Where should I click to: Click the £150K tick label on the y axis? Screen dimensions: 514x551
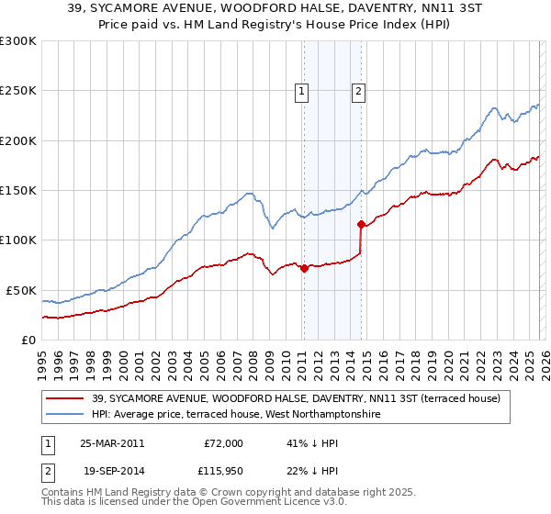17,190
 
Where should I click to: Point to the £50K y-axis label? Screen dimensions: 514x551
20,290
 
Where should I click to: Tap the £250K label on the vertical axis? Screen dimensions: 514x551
17,91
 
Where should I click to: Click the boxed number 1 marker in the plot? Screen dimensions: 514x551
302,91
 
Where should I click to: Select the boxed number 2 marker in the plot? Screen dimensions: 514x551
358,91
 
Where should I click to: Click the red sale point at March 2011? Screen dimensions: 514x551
304,268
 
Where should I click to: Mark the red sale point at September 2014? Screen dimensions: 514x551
361,224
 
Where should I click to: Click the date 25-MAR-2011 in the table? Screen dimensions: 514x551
111,443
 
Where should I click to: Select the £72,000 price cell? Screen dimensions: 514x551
223,443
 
